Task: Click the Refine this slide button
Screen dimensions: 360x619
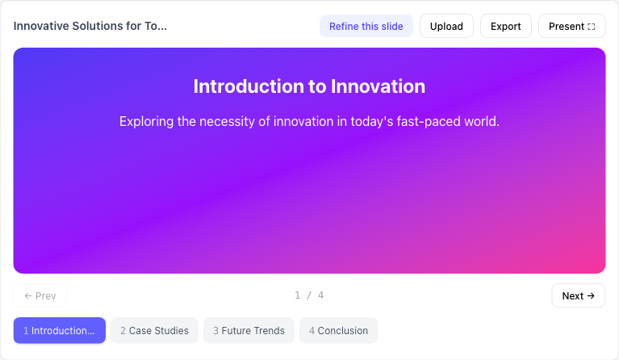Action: point(366,26)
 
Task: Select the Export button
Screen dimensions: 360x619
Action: point(506,26)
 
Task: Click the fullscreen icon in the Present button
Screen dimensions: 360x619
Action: point(592,27)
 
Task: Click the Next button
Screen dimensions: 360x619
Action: point(579,295)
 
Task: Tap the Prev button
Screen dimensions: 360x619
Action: point(40,295)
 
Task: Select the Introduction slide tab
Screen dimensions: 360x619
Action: point(59,330)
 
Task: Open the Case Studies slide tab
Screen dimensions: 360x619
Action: point(154,330)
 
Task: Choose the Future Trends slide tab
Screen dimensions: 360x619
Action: point(249,330)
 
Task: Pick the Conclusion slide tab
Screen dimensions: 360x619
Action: point(338,330)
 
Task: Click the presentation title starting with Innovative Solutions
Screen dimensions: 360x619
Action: point(90,26)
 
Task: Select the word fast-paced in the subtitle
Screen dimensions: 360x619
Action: point(426,122)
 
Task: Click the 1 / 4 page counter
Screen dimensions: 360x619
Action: point(309,295)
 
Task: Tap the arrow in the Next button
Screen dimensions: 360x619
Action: point(591,295)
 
